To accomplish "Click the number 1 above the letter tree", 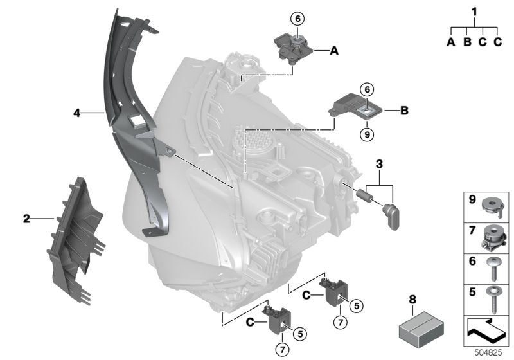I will (475, 12).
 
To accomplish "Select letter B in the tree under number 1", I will (467, 42).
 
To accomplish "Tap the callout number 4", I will (76, 113).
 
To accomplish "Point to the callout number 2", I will (26, 219).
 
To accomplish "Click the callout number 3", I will (380, 165).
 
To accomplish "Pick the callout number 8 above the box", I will (412, 299).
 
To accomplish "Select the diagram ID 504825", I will (490, 352).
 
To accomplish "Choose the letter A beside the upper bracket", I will (334, 50).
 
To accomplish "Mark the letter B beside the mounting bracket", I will (404, 111).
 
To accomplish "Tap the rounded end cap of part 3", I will (393, 215).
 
